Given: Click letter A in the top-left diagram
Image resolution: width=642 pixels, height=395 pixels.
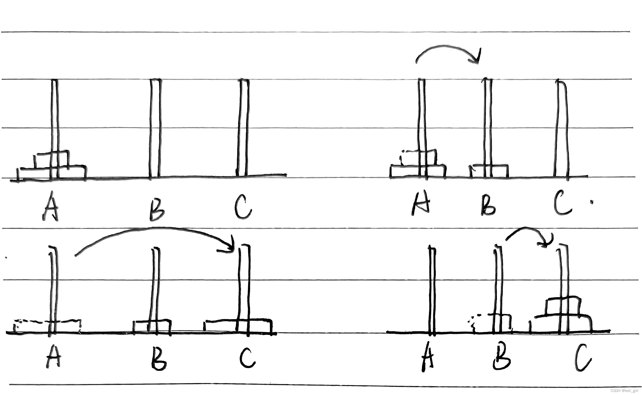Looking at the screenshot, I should (x=51, y=206).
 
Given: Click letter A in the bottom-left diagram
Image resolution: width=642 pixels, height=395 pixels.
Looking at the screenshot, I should (x=53, y=356).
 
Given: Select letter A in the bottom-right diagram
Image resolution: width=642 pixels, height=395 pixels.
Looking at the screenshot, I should (x=428, y=358).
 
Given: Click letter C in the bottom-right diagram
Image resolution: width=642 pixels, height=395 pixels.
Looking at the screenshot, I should (x=583, y=358).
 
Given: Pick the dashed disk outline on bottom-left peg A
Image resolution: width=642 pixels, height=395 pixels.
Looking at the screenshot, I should (x=47, y=326).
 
